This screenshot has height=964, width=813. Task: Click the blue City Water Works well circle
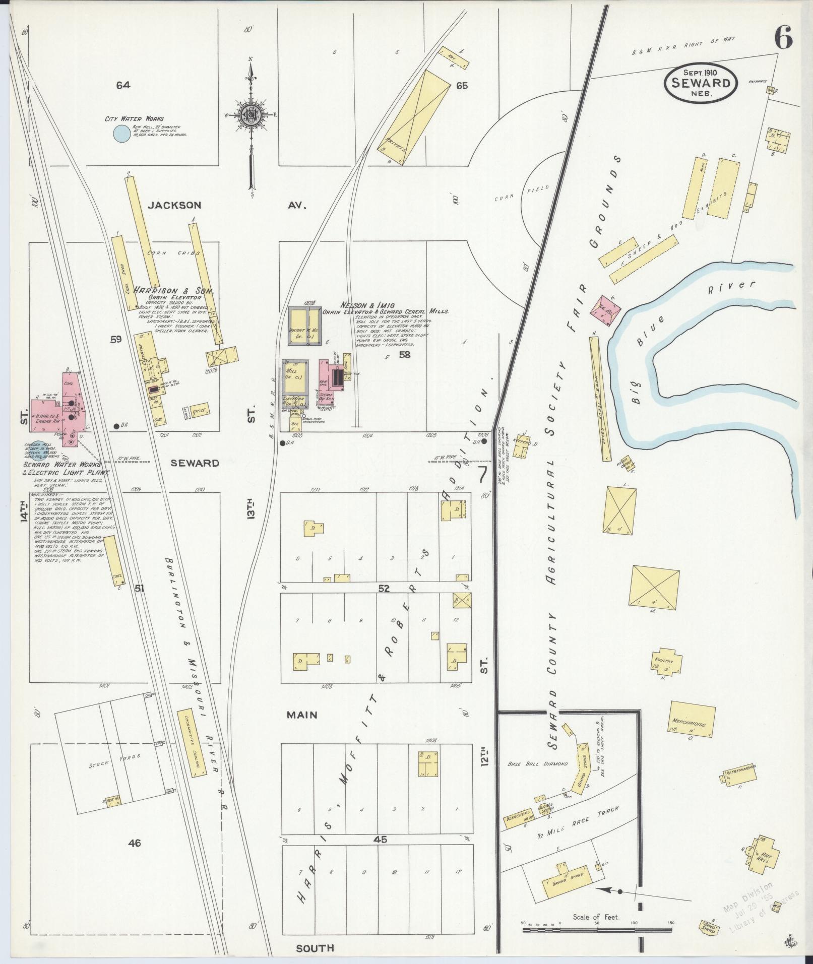pyautogui.click(x=120, y=134)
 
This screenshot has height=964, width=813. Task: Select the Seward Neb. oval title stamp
pyautogui.click(x=701, y=83)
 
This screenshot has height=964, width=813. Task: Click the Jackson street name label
pyautogui.click(x=174, y=205)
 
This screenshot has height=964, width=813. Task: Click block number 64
pyautogui.click(x=122, y=85)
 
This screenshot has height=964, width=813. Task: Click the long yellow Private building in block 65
pyautogui.click(x=415, y=117)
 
